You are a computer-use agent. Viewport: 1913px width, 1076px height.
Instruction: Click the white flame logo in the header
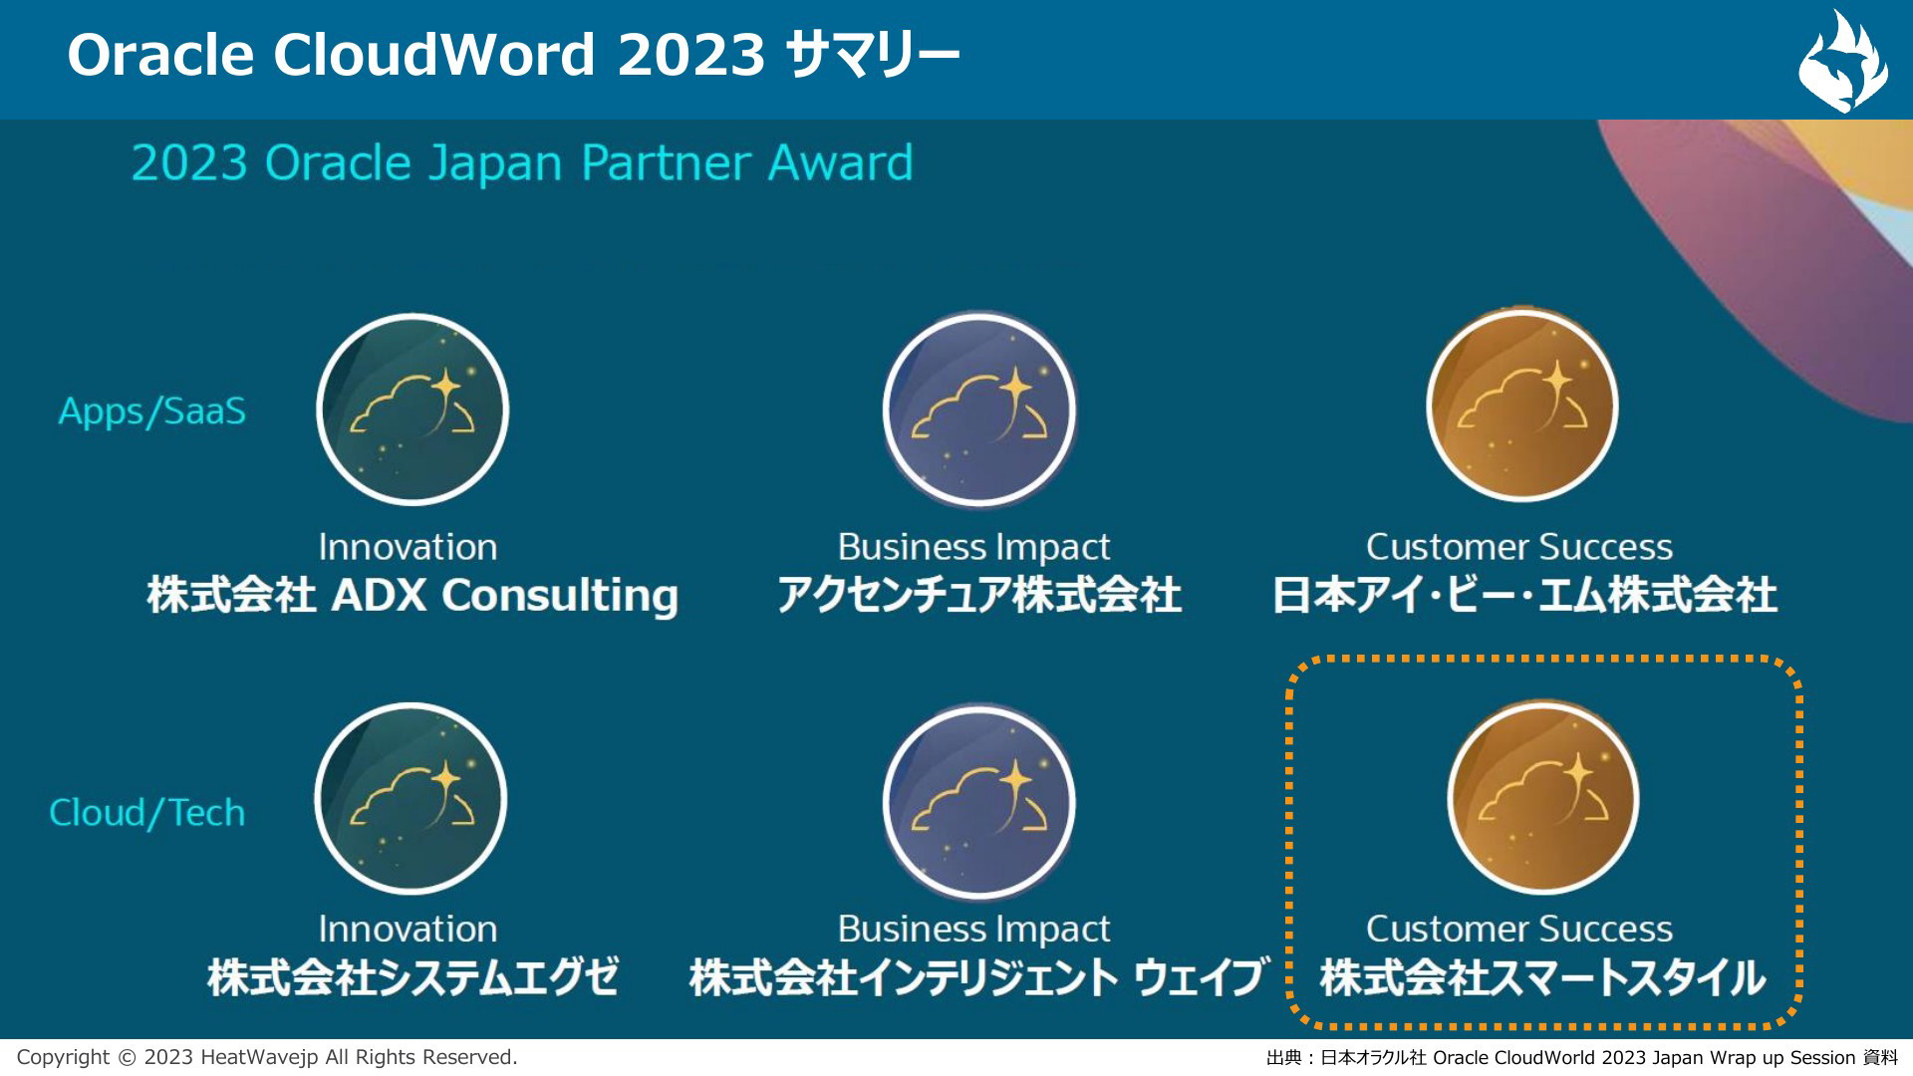pyautogui.click(x=1842, y=62)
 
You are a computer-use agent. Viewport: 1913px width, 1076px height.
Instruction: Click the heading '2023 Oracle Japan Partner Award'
pyautogui.click(x=522, y=163)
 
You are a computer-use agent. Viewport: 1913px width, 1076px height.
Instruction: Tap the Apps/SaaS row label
pyautogui.click(x=151, y=411)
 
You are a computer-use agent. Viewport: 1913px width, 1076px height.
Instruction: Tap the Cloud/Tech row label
pyautogui.click(x=147, y=813)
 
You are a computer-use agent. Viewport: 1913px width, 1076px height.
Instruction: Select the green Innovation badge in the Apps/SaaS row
pyautogui.click(x=412, y=408)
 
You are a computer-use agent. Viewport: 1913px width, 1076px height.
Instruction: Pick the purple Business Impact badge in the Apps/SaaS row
pyautogui.click(x=979, y=408)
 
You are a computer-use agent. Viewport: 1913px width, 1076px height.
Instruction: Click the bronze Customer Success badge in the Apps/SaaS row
pyautogui.click(x=1521, y=404)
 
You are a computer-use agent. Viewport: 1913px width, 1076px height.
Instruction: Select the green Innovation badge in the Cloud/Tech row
pyautogui.click(x=410, y=798)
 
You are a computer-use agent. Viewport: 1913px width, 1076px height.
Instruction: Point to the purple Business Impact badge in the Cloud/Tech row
pyautogui.click(x=979, y=801)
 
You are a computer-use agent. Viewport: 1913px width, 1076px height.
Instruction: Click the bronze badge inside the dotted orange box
pyautogui.click(x=1543, y=797)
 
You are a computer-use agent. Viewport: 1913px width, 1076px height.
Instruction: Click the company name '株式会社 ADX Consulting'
pyautogui.click(x=412, y=596)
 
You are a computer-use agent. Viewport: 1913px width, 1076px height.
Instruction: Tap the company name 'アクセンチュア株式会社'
pyautogui.click(x=979, y=596)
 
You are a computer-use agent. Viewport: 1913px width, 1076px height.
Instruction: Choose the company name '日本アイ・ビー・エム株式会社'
pyautogui.click(x=1524, y=596)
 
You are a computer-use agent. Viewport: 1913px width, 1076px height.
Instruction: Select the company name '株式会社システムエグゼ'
pyautogui.click(x=412, y=977)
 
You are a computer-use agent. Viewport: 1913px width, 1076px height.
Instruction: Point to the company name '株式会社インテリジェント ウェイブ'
pyautogui.click(x=979, y=977)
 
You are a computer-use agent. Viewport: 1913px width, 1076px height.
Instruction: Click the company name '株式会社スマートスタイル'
pyautogui.click(x=1542, y=977)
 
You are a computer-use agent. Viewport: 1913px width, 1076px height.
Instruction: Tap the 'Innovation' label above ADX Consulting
pyautogui.click(x=408, y=547)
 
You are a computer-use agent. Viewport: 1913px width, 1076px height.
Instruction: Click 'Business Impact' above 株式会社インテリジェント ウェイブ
pyautogui.click(x=973, y=930)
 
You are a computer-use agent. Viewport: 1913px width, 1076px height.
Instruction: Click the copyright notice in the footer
pyautogui.click(x=267, y=1057)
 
